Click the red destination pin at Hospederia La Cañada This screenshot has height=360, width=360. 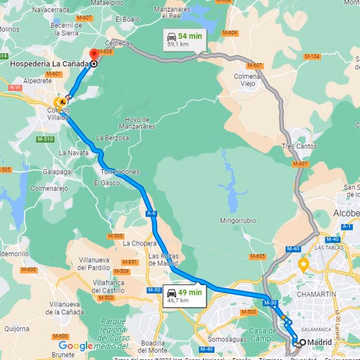94,55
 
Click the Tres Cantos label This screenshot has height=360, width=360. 298,147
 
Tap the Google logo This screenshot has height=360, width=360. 76,346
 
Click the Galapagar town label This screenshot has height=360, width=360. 58,171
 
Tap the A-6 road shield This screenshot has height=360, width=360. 151,212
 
